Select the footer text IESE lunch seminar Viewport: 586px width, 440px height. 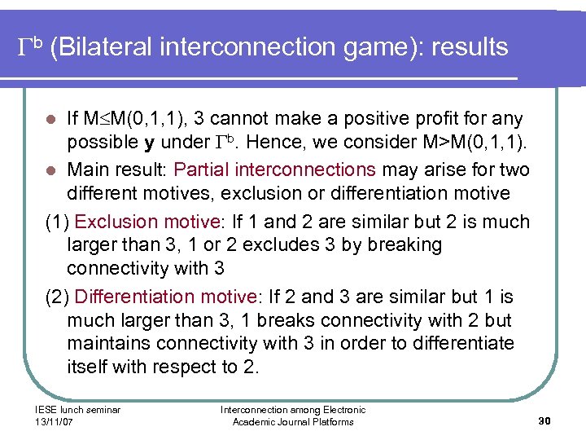click(x=78, y=410)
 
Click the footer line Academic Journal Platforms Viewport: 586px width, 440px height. click(x=293, y=421)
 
